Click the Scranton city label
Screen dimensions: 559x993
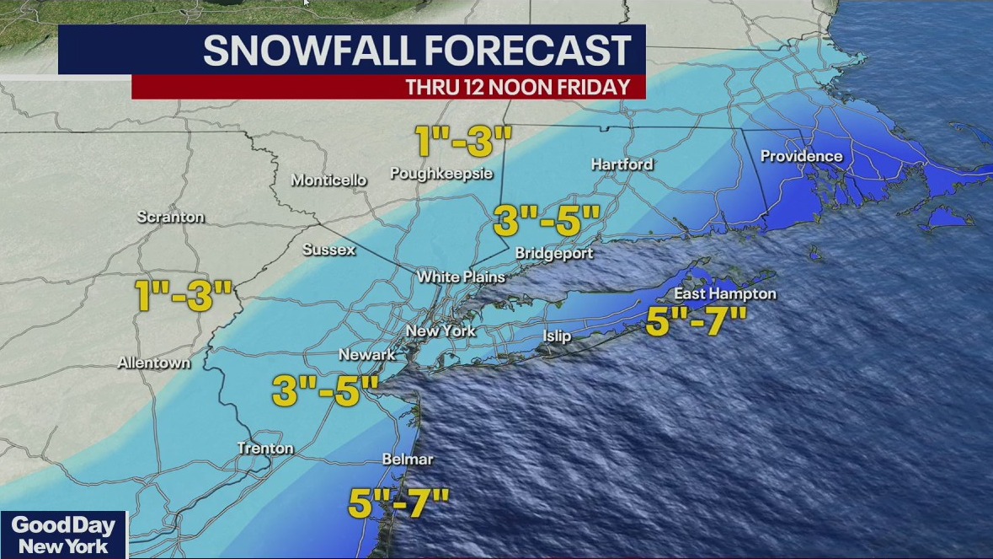[171, 217]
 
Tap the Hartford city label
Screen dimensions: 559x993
[622, 164]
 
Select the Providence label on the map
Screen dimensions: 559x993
[801, 156]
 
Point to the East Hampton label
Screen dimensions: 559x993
[724, 294]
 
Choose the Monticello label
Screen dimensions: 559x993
[328, 180]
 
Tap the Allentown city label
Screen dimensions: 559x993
[154, 363]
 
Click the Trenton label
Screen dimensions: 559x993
[265, 449]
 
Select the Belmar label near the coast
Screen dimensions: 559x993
[408, 460]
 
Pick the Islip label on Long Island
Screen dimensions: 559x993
[557, 336]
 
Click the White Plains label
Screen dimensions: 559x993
[461, 277]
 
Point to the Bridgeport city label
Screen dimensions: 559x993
[553, 253]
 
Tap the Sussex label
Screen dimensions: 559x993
[329, 250]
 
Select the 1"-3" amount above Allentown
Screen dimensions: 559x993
[184, 296]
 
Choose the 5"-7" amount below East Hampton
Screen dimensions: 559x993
[697, 321]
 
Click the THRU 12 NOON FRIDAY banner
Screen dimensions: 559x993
[517, 87]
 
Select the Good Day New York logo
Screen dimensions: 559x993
[63, 535]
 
